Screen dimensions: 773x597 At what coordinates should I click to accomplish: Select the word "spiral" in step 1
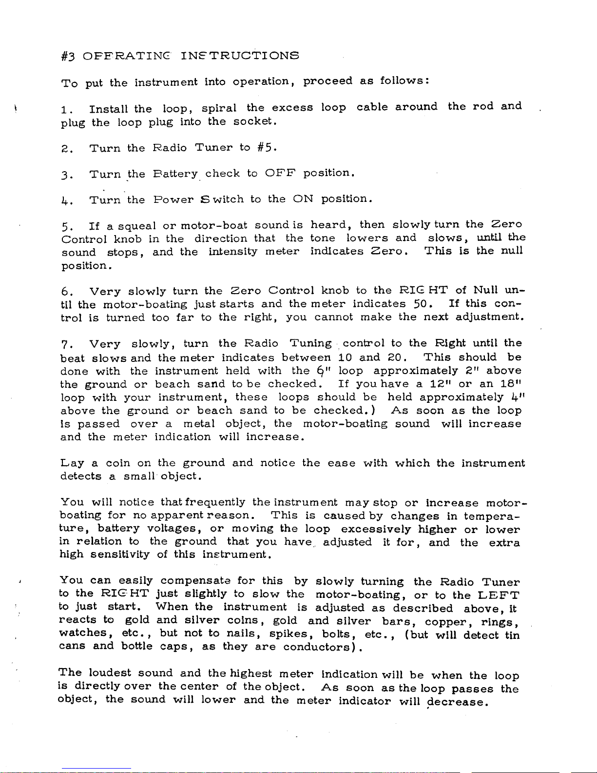(219, 108)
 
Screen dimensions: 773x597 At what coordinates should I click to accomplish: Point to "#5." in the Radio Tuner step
(268, 147)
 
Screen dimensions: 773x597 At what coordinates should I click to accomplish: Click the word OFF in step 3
(280, 173)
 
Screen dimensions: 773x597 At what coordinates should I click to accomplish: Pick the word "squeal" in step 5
(131, 226)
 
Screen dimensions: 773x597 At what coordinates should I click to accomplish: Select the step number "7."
(67, 344)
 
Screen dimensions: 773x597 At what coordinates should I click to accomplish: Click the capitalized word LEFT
(499, 595)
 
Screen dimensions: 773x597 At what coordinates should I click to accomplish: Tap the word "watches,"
(83, 633)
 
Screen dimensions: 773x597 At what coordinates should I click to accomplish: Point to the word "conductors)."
(324, 647)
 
